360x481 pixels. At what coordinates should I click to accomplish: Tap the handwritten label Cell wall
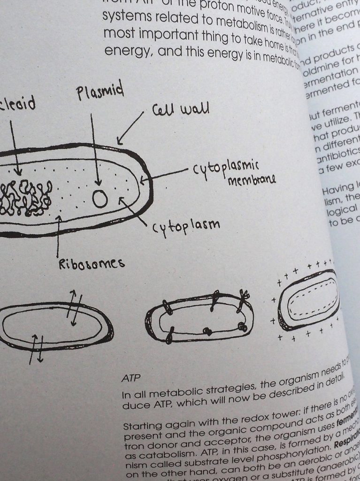(x=180, y=111)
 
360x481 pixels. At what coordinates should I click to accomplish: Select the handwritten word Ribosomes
(x=92, y=264)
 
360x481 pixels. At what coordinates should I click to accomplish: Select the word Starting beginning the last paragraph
(x=141, y=427)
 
